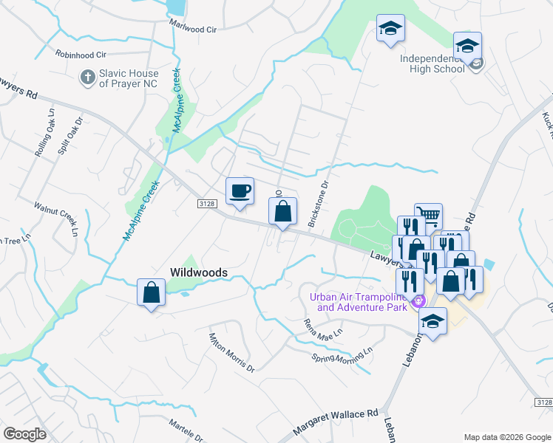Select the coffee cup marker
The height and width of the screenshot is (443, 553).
pyautogui.click(x=240, y=191)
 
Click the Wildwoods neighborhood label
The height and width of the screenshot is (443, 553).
pyautogui.click(x=199, y=272)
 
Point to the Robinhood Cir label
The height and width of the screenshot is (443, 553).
pyautogui.click(x=81, y=55)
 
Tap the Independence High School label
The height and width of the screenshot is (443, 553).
pyautogui.click(x=433, y=63)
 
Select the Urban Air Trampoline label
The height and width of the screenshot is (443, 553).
pyautogui.click(x=360, y=302)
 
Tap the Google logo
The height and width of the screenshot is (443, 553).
pyautogui.click(x=25, y=433)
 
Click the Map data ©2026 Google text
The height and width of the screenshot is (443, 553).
pyautogui.click(x=507, y=437)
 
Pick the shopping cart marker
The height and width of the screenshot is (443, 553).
pyautogui.click(x=428, y=216)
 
